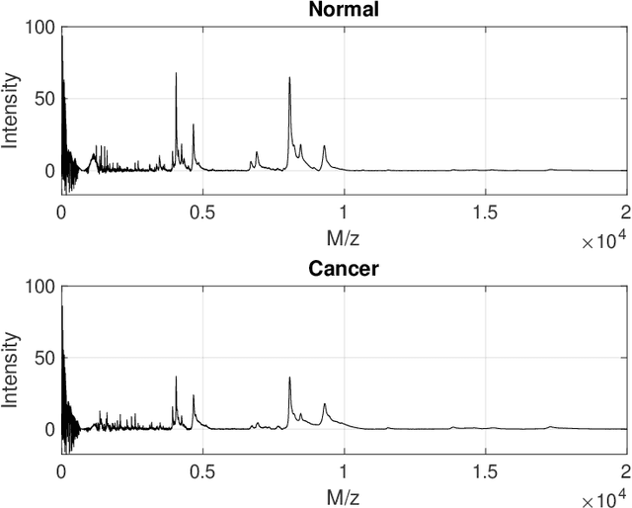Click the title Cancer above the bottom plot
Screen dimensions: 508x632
[344, 268]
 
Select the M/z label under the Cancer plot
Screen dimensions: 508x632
[344, 493]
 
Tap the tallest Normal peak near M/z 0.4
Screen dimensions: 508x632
[177, 74]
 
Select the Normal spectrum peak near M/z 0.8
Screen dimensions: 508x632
[289, 79]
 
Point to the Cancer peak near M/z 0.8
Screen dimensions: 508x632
[289, 379]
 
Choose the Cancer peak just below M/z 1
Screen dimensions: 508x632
[324, 405]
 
